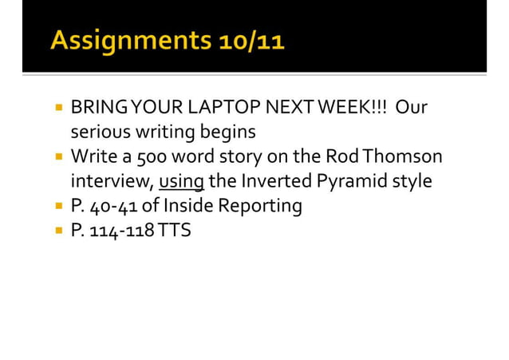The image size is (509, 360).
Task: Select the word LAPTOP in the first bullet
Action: [x=232, y=106]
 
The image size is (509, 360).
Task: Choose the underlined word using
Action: [x=181, y=181]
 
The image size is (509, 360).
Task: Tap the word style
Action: [x=412, y=181]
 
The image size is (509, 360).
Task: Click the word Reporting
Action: [x=261, y=206]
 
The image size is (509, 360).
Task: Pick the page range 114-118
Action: [x=124, y=231]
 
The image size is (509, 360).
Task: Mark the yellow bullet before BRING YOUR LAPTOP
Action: [x=59, y=105]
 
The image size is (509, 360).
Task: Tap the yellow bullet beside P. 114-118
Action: [x=59, y=231]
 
